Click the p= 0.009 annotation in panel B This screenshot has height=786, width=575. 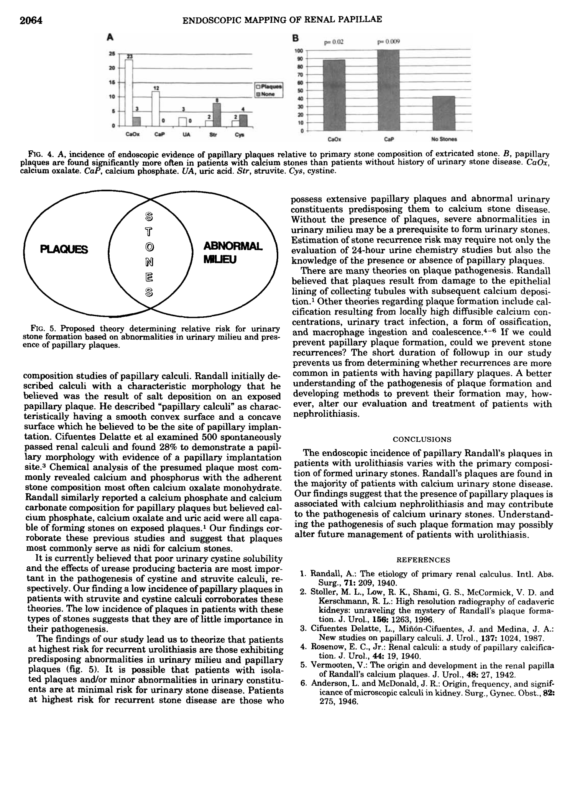tap(388, 42)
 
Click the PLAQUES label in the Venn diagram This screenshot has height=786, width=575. tap(64, 250)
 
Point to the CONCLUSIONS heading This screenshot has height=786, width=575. tap(422, 439)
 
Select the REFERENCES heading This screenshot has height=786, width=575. tap(423, 560)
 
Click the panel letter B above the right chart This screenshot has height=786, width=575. tap(295, 39)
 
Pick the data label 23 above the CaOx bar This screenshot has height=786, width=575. tap(130, 56)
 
